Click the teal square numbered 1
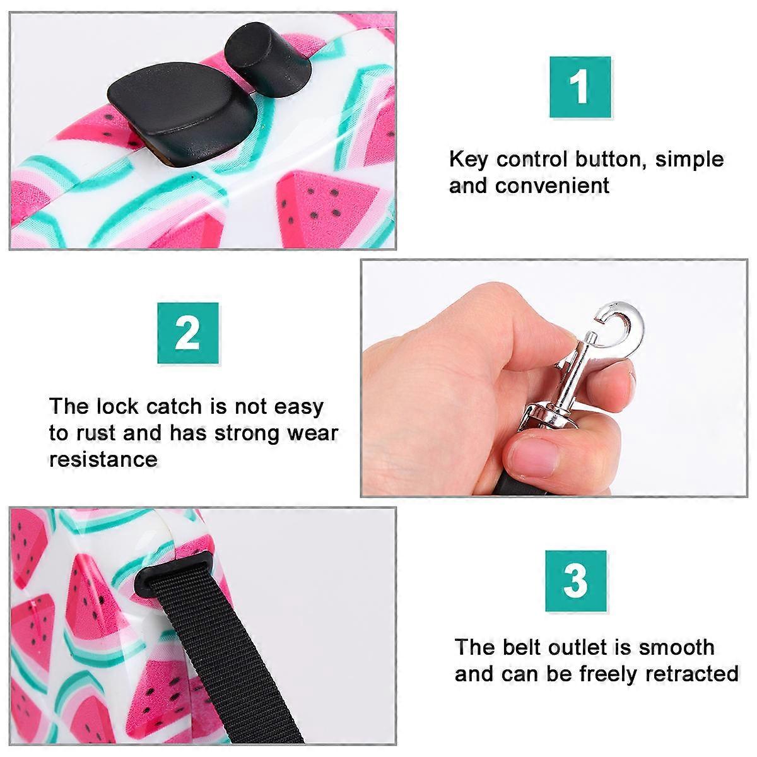pos(580,87)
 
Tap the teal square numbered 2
pos(188,333)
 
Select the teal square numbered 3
pos(576,580)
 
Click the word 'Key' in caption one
pos(468,160)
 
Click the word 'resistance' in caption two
pos(103,459)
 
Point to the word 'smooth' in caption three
pos(677,647)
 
